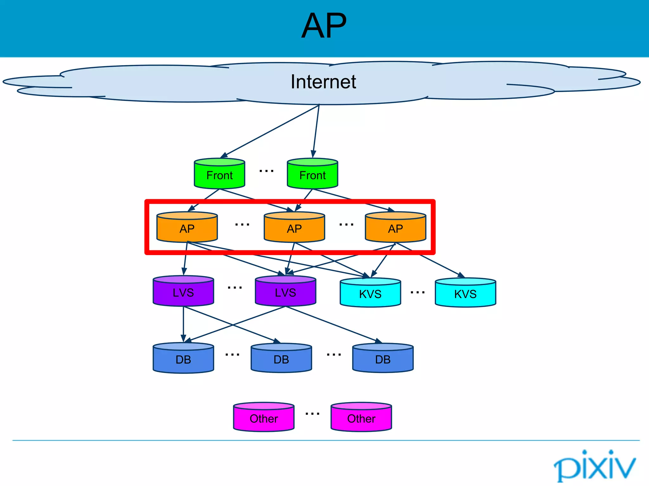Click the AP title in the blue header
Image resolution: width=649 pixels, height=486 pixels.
coord(324,26)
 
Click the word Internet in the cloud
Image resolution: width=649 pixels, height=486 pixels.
coord(323,82)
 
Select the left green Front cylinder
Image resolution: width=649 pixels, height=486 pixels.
coord(219,174)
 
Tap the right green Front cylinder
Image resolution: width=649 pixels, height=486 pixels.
coord(312,174)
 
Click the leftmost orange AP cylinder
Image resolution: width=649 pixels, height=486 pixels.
coord(187,227)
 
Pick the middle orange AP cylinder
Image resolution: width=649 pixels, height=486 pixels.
coord(294,227)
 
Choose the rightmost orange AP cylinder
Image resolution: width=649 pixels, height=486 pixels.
coord(395,227)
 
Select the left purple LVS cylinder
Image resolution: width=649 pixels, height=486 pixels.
coord(183,291)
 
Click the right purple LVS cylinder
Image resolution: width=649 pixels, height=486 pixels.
coord(285,291)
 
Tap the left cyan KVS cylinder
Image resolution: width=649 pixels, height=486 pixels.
coord(370,293)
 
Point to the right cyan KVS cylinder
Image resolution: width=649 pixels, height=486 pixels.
coord(465,293)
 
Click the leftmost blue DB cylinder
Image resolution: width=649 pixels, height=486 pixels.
coord(183,358)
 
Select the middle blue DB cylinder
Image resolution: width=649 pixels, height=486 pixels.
coord(281,358)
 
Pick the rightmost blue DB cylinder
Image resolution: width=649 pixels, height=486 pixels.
coord(383,358)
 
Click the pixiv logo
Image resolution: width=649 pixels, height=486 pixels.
coord(594,466)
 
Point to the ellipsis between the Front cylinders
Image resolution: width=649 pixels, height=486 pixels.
coord(266,171)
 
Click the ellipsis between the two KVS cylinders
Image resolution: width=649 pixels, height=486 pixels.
coord(417,293)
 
